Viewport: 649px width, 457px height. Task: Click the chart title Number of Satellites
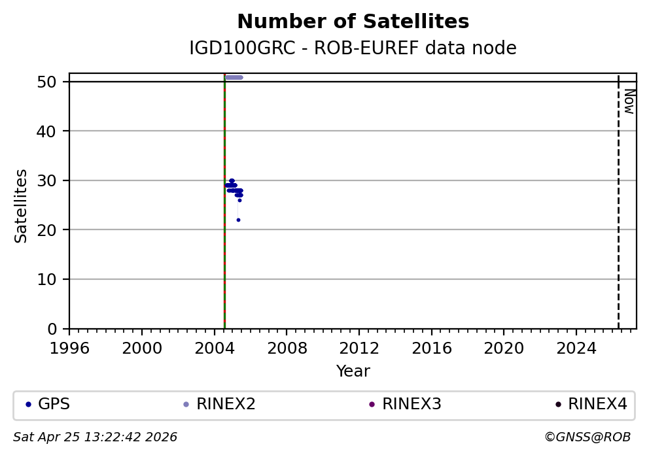click(353, 22)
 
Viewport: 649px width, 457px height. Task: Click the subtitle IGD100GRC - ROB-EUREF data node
click(353, 48)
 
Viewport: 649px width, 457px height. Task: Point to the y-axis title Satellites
click(22, 206)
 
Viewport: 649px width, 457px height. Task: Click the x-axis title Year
click(353, 371)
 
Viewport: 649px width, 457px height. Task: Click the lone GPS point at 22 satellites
click(238, 220)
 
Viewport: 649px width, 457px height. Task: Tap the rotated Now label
click(629, 101)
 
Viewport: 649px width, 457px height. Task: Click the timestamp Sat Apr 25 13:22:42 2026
click(95, 437)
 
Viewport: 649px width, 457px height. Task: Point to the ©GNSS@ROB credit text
click(587, 437)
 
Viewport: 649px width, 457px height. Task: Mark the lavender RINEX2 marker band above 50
click(234, 77)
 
